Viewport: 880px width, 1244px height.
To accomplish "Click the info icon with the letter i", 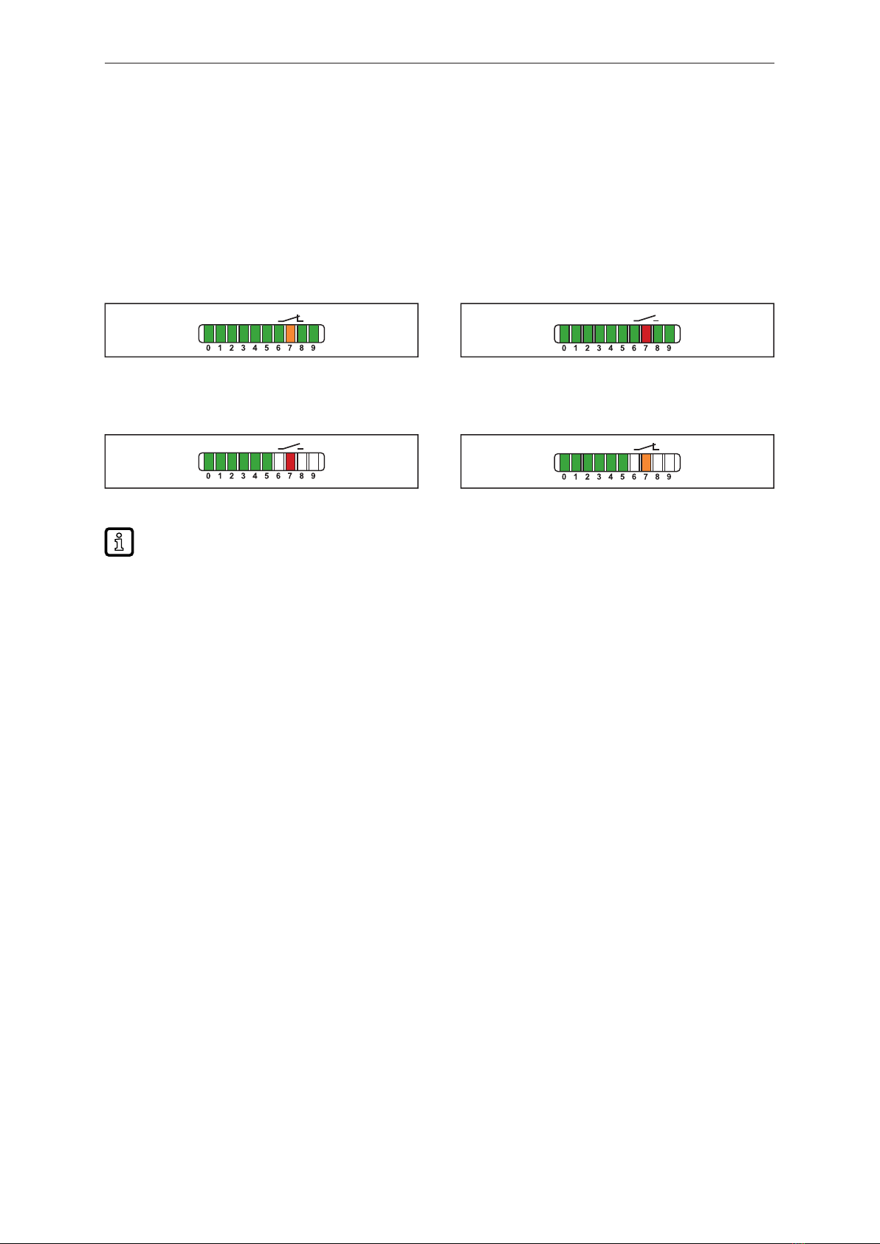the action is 119,542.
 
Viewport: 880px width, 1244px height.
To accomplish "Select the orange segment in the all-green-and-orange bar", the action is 290,334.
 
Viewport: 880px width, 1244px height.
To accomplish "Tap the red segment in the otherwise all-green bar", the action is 646,334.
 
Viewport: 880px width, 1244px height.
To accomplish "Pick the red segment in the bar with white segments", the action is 290,461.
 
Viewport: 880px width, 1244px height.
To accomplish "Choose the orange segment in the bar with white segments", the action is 646,462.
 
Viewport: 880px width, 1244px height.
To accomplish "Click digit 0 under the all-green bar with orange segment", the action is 208,348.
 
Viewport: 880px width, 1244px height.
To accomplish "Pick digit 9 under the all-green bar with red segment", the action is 669,348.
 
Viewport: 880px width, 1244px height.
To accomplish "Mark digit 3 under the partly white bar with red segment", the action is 243,476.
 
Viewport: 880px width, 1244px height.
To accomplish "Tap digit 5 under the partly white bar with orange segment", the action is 622,477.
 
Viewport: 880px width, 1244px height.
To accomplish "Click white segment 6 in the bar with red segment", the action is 278,461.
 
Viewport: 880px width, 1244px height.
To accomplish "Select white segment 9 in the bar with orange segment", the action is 669,462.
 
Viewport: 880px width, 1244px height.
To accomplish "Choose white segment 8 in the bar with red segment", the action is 302,461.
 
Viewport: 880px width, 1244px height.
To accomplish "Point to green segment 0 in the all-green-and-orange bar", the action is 208,334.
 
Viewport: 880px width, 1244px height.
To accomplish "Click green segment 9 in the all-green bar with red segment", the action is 669,334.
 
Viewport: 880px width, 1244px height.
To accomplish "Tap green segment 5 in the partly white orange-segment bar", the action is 622,462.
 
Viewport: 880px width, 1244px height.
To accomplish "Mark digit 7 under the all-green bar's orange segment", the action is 290,348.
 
